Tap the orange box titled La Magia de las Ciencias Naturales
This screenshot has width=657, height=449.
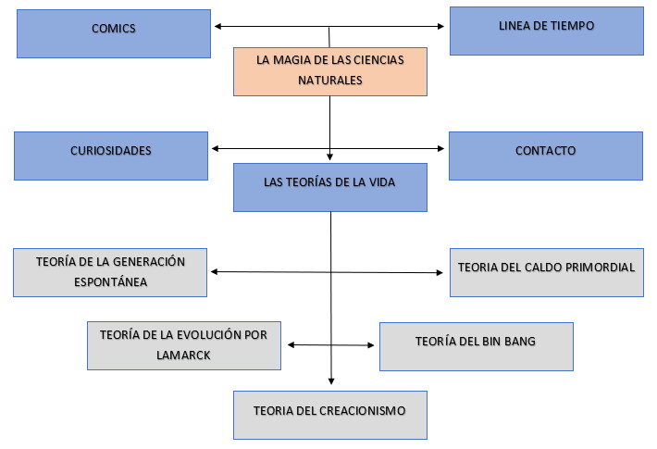tap(330, 70)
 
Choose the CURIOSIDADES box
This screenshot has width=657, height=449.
tap(111, 154)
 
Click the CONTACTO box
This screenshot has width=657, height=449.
tap(545, 154)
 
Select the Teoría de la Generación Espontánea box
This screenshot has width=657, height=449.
tap(111, 271)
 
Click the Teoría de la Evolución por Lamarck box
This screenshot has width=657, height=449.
tap(184, 345)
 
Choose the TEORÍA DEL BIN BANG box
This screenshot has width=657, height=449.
tap(476, 345)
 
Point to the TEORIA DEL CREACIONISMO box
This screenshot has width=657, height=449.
tap(330, 414)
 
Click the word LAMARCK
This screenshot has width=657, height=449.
tap(184, 354)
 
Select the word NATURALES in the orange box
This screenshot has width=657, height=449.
tap(330, 81)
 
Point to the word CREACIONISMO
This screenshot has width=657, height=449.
tap(362, 409)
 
